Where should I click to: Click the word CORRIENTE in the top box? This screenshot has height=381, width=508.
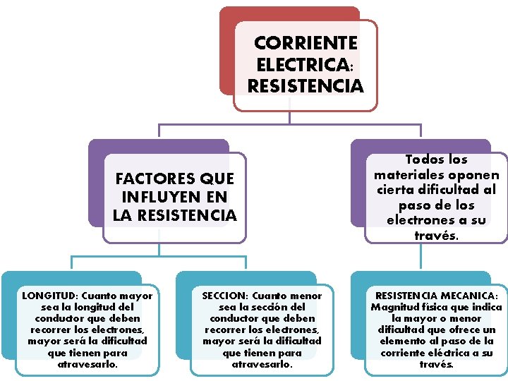tap(306, 44)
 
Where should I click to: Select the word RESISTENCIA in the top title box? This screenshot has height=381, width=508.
tap(306, 87)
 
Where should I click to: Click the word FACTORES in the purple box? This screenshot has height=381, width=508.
tap(145, 179)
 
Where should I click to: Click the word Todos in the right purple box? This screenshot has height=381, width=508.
tap(417, 160)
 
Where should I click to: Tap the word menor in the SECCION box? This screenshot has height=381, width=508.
tap(305, 296)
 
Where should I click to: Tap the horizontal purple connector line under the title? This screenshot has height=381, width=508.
tap(289, 126)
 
